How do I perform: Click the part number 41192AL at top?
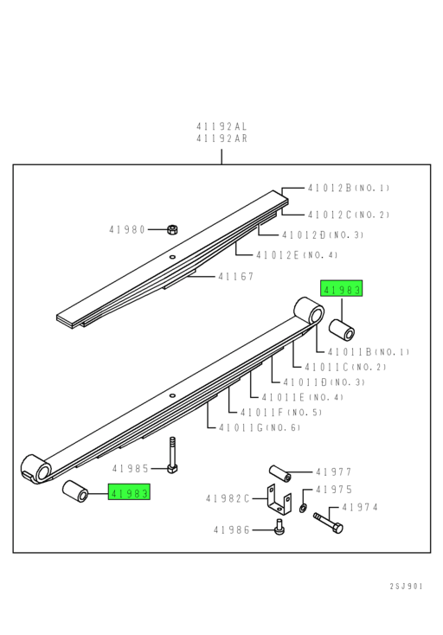[221, 126]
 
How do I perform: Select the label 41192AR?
[221, 138]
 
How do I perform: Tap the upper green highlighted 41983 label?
[342, 289]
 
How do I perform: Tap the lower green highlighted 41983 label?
[129, 492]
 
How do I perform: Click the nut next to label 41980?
[172, 229]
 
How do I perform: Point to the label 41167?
[235, 277]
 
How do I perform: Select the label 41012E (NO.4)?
[297, 254]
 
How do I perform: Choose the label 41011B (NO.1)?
[368, 352]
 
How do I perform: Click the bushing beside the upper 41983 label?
[343, 330]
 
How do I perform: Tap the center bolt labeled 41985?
[172, 456]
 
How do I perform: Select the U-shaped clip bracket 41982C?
[277, 499]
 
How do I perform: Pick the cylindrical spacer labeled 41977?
[279, 472]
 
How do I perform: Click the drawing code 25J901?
[406, 586]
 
